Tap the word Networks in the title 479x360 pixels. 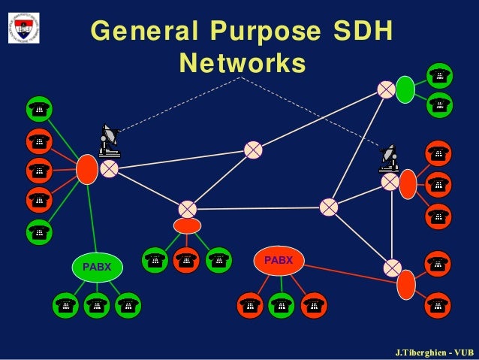pos(242,63)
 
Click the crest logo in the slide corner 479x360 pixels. pos(24,26)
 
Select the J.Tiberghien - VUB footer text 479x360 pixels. pos(434,352)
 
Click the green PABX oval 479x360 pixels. pos(97,266)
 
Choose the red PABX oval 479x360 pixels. pos(279,260)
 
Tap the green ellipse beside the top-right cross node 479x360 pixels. pos(405,89)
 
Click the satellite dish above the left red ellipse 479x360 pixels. pos(110,140)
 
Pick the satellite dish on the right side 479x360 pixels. pos(389,158)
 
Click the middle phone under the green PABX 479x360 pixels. pos(97,306)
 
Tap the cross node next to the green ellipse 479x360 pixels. pos(386,89)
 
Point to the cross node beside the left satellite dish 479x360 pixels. pos(110,168)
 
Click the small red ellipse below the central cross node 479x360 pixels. pos(187,225)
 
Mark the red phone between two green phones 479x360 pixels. pos(186,260)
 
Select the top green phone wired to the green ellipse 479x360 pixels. pos(439,75)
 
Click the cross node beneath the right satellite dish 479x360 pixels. pos(390,181)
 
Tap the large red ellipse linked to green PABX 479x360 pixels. pos(87,169)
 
